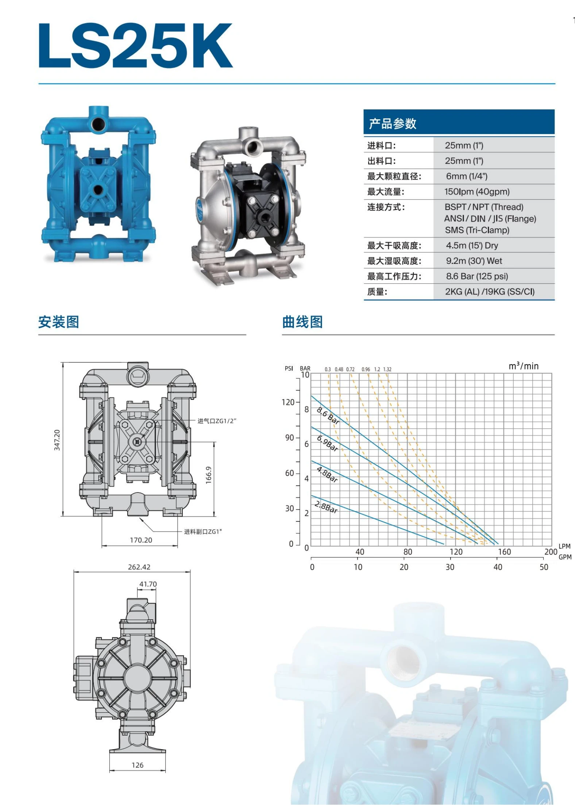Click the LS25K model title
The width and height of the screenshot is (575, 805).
pos(136,46)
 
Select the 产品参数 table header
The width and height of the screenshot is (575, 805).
pos(393,124)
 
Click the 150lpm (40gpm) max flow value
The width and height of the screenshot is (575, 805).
pos(476,192)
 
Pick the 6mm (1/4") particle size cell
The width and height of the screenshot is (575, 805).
pos(466,176)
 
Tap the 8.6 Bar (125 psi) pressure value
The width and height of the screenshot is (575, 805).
pos(476,276)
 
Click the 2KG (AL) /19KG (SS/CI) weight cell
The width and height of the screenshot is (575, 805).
pos(489,292)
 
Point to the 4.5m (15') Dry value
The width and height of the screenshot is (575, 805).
pos(471,245)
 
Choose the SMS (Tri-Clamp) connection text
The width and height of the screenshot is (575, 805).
pos(477,230)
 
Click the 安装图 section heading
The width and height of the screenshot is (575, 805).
pos(59,322)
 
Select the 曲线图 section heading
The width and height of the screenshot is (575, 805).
pos(302,322)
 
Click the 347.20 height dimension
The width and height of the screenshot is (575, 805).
pos(57,440)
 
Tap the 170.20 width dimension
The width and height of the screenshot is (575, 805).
pos(141,540)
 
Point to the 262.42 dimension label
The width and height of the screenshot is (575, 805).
pos(139,567)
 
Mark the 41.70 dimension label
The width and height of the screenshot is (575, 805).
pos(148,584)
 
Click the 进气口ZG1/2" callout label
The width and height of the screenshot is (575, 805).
pos(217,421)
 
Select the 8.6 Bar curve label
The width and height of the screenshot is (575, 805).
pos(328,416)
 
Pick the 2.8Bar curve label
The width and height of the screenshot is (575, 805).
pos(326,507)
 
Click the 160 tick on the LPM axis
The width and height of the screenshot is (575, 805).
pos(504,552)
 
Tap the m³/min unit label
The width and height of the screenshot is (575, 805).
pos(523,366)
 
